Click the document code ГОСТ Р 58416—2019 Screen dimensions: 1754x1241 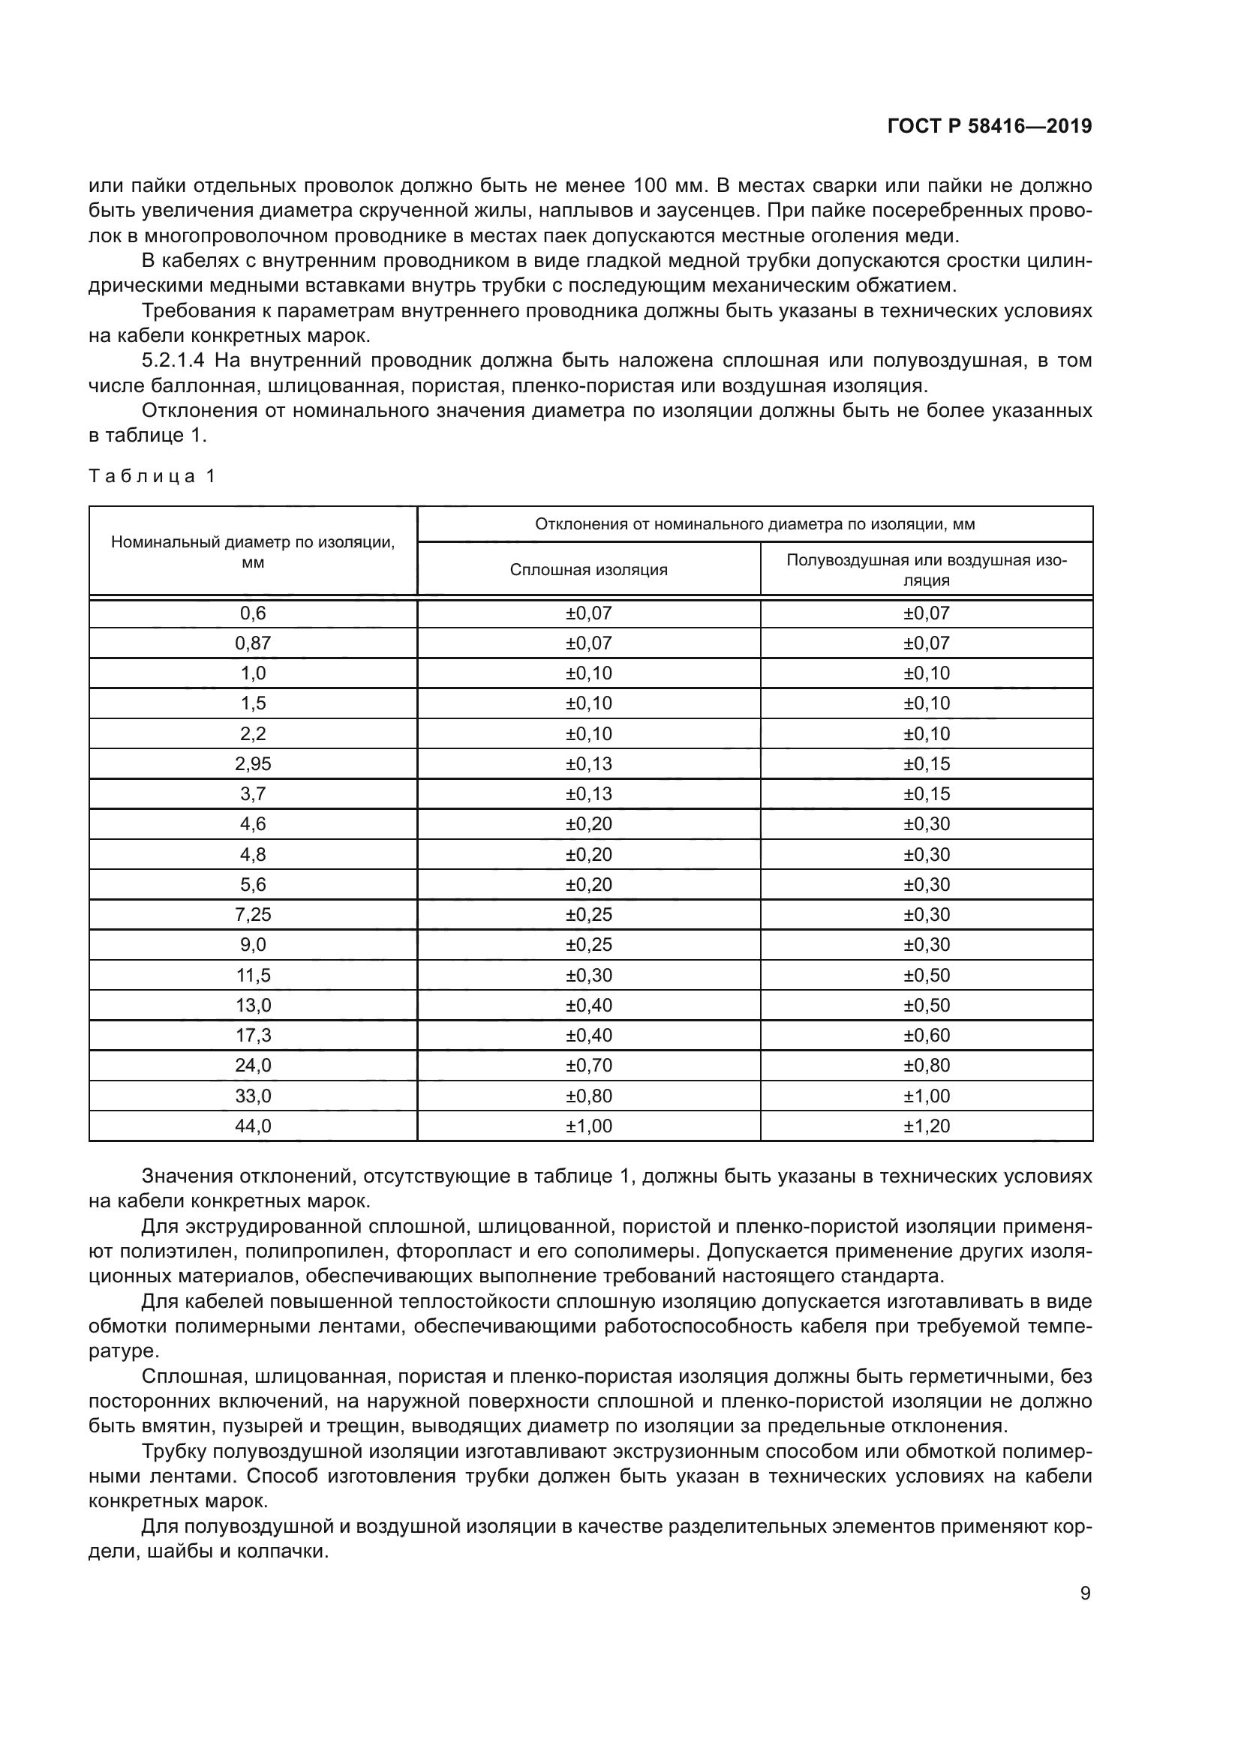click(x=990, y=126)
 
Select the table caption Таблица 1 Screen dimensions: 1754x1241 click(x=152, y=476)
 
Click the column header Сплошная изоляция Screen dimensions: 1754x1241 click(x=588, y=570)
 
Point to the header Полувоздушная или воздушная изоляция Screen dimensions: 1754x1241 click(x=926, y=570)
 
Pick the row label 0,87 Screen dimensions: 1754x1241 click(x=253, y=643)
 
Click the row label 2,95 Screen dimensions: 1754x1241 click(x=253, y=764)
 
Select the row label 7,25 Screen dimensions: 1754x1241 click(x=253, y=914)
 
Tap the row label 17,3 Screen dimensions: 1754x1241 click(x=253, y=1035)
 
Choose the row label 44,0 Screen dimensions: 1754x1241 click(x=253, y=1126)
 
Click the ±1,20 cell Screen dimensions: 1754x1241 click(x=926, y=1126)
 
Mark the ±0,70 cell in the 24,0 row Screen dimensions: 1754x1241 click(x=588, y=1066)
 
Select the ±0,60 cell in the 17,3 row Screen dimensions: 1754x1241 click(x=926, y=1035)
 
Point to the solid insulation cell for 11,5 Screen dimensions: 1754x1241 click(x=588, y=976)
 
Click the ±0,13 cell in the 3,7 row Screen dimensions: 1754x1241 click(x=588, y=793)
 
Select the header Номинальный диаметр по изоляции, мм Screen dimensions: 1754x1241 click(x=253, y=553)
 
